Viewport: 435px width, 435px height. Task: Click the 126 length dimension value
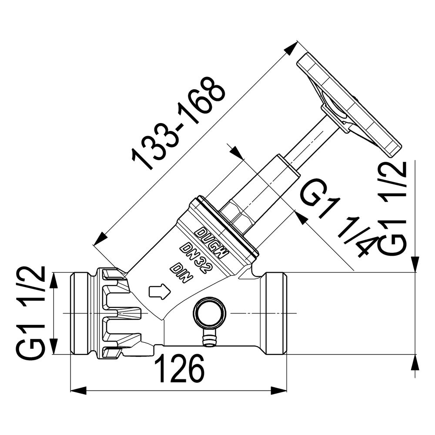179,368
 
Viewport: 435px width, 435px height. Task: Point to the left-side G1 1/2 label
31,313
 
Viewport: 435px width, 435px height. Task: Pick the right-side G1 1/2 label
392,208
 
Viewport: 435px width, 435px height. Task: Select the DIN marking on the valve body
181,274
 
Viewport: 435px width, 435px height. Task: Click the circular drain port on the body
210,312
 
